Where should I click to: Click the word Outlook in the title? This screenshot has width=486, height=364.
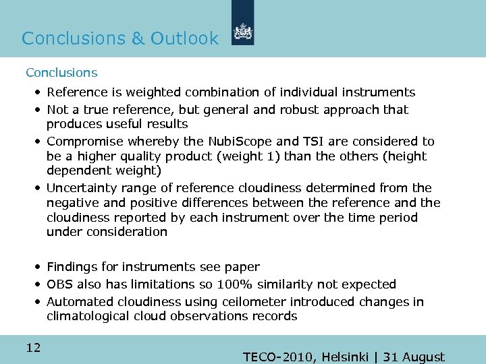(x=184, y=38)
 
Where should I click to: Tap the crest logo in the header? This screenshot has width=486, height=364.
(x=242, y=32)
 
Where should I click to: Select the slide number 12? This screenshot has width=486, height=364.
(x=33, y=348)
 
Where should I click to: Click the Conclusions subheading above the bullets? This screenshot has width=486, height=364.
(x=61, y=72)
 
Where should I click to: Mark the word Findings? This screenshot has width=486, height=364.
(x=72, y=267)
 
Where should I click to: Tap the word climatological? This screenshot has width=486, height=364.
(x=88, y=316)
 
